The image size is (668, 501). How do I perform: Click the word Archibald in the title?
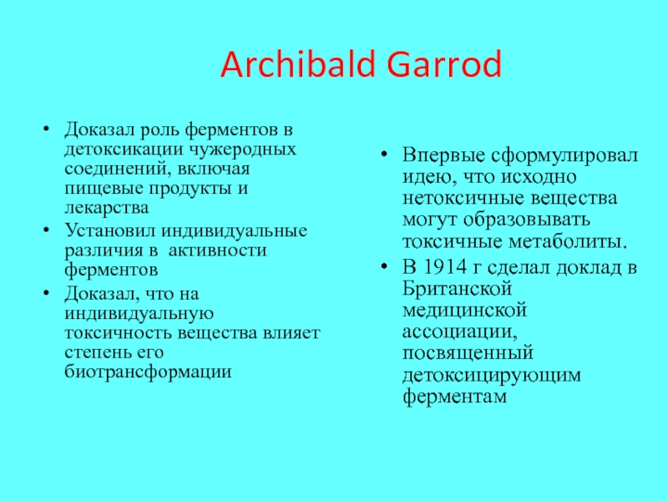(x=297, y=64)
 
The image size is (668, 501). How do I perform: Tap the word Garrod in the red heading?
(x=444, y=64)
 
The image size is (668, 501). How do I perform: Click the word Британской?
(x=457, y=289)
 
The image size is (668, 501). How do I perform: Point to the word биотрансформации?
(x=149, y=372)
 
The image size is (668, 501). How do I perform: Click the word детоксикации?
(x=124, y=150)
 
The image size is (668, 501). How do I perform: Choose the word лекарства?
(x=107, y=208)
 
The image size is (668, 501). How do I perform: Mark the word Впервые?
(x=443, y=155)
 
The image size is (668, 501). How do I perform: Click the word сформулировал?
(x=564, y=155)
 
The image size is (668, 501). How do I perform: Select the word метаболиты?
(x=569, y=241)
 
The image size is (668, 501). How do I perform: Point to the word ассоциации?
(x=460, y=331)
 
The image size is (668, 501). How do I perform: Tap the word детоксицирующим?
(x=492, y=375)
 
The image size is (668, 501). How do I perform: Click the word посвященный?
(x=468, y=353)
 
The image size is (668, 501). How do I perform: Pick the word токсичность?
(x=119, y=333)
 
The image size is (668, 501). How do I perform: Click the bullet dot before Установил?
(x=47, y=230)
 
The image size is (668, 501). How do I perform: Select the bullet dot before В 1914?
(x=384, y=267)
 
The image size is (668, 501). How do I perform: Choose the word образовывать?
(x=527, y=220)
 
